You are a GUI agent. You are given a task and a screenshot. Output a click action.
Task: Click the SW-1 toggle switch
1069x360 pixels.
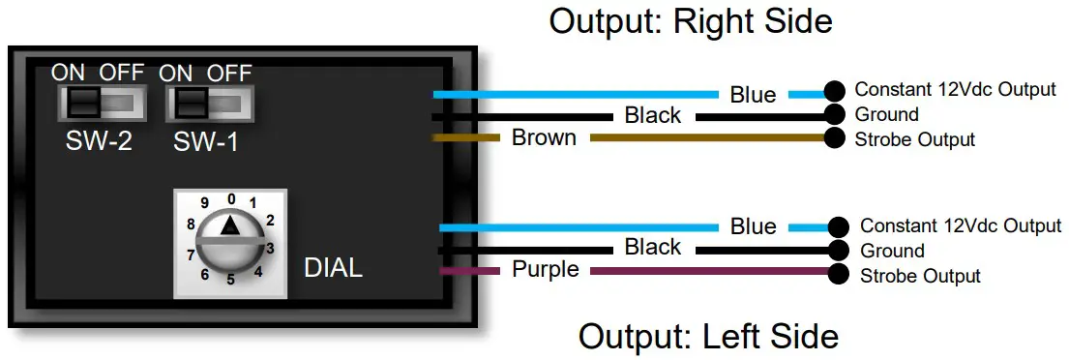point(209,103)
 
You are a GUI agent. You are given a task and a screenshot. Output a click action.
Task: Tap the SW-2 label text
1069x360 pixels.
point(99,142)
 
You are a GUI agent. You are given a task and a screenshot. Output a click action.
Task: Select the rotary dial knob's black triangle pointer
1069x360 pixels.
point(229,225)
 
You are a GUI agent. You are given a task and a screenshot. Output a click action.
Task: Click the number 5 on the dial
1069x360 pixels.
point(230,280)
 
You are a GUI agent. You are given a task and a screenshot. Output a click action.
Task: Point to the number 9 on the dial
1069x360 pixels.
point(204,203)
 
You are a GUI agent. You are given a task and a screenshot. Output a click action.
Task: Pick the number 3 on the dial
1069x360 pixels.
point(270,248)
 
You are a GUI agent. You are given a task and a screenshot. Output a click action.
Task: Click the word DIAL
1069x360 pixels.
point(334,268)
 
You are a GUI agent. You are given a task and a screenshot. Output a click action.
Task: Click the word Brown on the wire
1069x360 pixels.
point(544,137)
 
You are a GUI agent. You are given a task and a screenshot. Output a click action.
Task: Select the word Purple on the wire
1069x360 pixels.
point(546,270)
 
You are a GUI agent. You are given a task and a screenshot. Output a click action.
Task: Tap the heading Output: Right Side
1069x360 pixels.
point(691,20)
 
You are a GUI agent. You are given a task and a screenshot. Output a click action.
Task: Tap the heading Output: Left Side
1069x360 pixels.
point(708,336)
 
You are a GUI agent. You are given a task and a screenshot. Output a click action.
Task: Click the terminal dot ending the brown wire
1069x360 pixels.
point(833,138)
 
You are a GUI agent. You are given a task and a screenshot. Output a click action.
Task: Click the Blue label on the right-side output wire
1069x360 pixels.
point(753,95)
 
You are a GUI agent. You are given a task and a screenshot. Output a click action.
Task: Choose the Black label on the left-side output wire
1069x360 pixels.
point(653,248)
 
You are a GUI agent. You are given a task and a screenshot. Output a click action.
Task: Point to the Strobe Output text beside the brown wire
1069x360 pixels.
point(914,140)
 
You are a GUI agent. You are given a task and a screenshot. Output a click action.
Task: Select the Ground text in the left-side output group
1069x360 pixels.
point(892,251)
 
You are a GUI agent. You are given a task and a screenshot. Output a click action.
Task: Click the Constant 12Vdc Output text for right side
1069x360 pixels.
point(955,90)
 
